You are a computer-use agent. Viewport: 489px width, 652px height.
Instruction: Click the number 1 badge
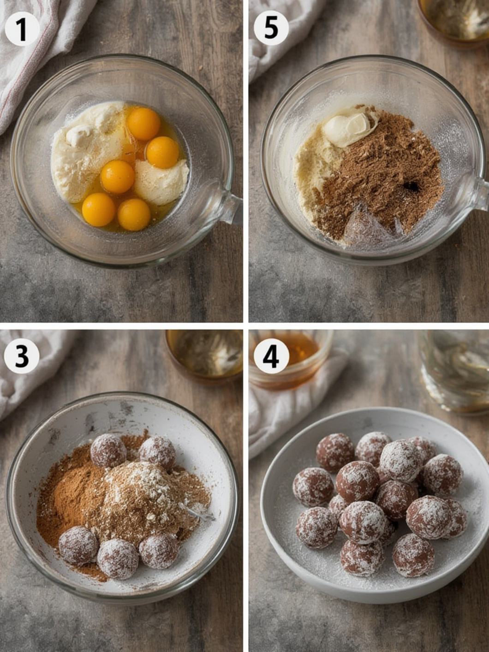[22, 29]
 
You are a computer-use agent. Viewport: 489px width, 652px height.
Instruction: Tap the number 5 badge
[271, 28]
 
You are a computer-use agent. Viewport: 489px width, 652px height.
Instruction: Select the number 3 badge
[22, 356]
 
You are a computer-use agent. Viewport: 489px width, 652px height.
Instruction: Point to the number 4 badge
[271, 356]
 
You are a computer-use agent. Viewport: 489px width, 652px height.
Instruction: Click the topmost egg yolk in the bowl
[144, 124]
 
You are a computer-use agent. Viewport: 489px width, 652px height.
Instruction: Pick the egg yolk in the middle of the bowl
[118, 177]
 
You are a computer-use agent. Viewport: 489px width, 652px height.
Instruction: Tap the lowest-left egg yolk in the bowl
[99, 209]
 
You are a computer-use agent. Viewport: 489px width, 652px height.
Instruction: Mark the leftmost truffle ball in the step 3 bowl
[78, 545]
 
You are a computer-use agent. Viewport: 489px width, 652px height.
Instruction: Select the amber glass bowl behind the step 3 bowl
[204, 355]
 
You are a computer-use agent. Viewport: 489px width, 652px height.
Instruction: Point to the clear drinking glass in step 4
[454, 371]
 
